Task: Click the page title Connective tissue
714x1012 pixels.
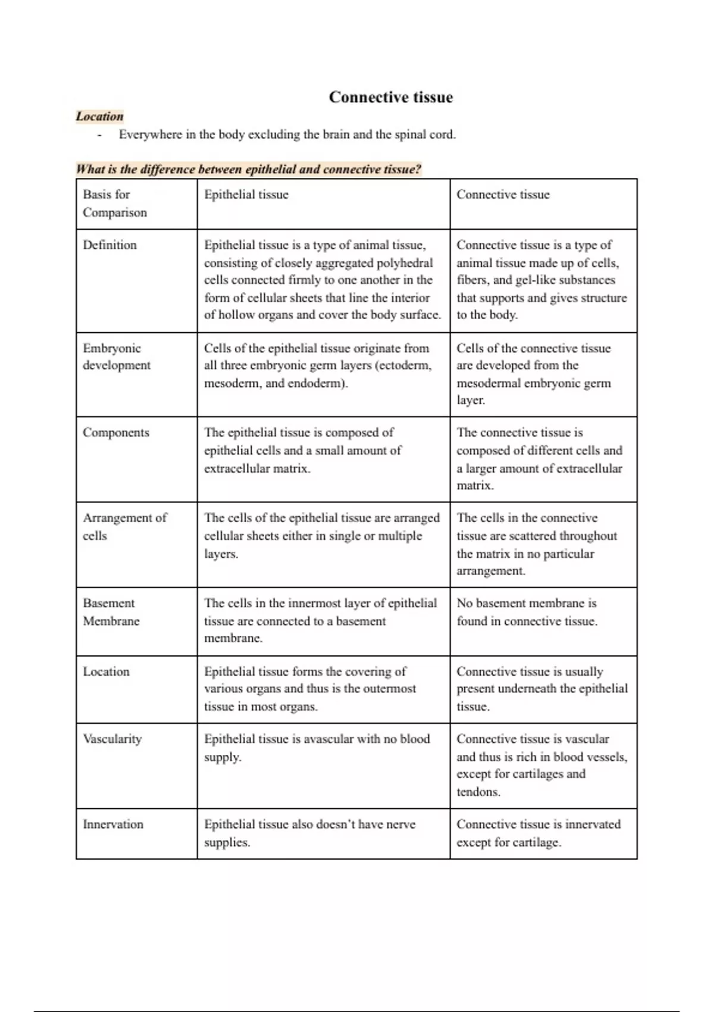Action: click(391, 97)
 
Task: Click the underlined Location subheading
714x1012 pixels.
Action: click(99, 116)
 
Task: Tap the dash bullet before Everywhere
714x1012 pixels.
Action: click(99, 135)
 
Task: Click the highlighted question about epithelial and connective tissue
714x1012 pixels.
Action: click(248, 169)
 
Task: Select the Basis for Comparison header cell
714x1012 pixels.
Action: click(114, 203)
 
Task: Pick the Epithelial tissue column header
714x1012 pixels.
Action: click(246, 195)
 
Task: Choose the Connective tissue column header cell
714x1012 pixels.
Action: click(503, 195)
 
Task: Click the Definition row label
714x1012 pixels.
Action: click(109, 245)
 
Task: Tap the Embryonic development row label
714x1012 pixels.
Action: click(116, 356)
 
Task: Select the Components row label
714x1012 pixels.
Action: click(116, 432)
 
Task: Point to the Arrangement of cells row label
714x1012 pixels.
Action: click(124, 526)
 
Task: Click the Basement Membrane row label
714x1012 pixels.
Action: click(111, 611)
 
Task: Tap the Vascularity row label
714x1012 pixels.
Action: click(112, 739)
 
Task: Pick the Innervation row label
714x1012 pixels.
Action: click(113, 824)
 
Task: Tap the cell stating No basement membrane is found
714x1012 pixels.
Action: click(527, 612)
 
